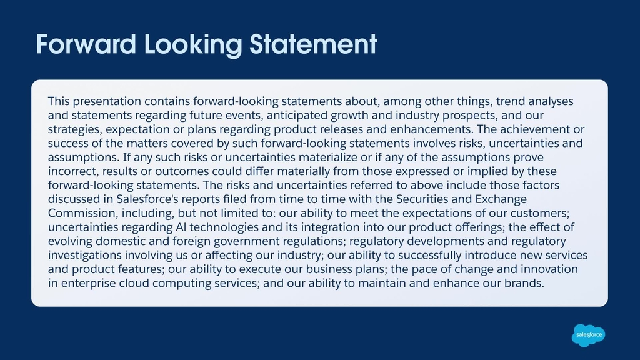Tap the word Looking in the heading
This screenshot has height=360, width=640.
[x=194, y=45]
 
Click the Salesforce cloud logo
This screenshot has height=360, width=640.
[x=588, y=336]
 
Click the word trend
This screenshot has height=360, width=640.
[x=511, y=101]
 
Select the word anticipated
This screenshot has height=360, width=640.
[x=297, y=116]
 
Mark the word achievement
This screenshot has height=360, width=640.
[x=535, y=129]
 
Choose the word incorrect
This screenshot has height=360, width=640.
[x=73, y=171]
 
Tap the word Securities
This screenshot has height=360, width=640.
[x=422, y=199]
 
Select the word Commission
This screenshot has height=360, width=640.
[x=83, y=214]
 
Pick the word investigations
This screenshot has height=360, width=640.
[x=85, y=256]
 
